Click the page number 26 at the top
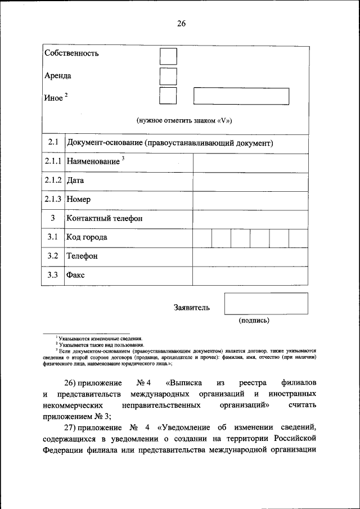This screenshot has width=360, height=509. coord(181,24)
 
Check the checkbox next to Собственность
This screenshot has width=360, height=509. coord(168,56)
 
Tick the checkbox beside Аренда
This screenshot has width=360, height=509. coord(168,76)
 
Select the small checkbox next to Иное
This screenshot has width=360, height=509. coord(168,96)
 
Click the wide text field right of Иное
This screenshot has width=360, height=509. coord(241,96)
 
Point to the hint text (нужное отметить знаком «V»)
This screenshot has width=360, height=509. coord(184,120)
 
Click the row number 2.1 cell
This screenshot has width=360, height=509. coord(53,143)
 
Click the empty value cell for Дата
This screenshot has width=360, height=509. coord(250,181)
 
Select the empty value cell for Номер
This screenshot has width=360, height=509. coord(250,200)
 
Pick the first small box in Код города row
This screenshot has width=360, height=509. coord(202,238)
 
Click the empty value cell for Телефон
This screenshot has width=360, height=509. coord(250,256)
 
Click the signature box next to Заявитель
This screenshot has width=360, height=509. coord(265,303)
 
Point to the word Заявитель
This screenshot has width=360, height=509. coord(192,308)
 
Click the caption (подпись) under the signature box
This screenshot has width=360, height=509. coord(254,321)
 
